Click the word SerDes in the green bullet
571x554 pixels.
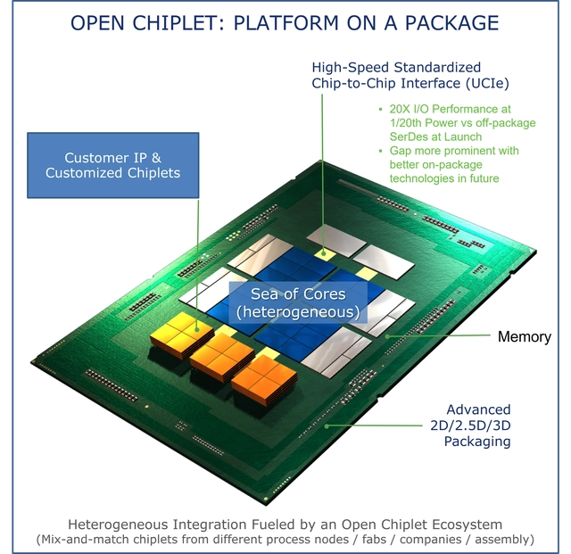411,136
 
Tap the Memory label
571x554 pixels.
524,336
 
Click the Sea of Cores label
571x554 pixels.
298,294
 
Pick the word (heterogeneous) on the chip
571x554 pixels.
298,312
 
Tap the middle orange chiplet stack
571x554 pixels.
220,352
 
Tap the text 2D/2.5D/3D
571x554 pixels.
468,425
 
